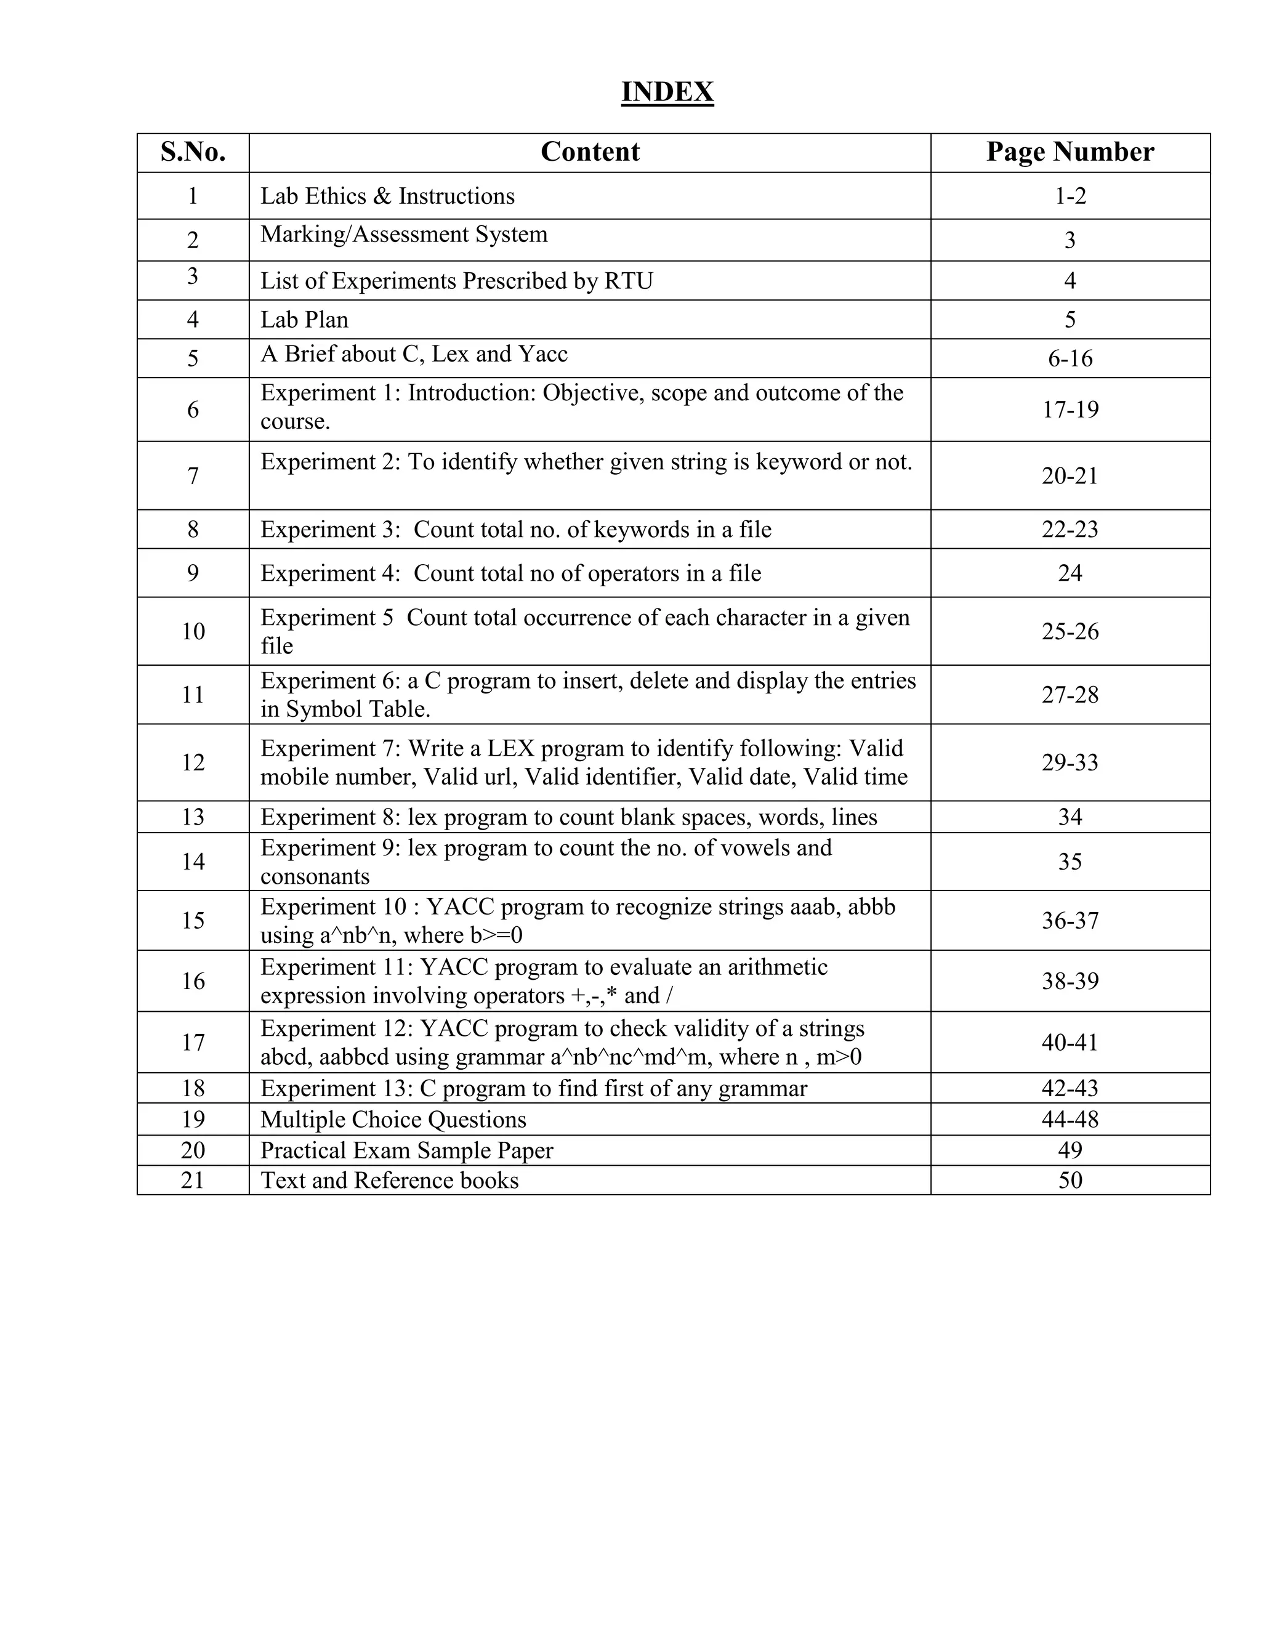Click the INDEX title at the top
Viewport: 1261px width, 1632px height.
click(x=667, y=92)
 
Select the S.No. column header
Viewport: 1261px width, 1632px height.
click(x=193, y=151)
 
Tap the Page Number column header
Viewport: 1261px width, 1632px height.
click(x=1069, y=151)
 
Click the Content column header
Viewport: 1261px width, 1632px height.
click(x=589, y=151)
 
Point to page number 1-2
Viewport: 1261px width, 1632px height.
click(x=1070, y=196)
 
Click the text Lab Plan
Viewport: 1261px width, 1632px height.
click(x=304, y=320)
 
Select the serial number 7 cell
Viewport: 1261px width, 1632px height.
click(x=193, y=476)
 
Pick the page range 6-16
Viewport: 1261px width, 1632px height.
click(x=1070, y=358)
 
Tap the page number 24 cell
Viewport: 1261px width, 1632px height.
click(x=1070, y=573)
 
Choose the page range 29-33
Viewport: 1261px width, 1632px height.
click(x=1070, y=762)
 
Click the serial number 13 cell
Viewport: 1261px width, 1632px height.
click(x=193, y=817)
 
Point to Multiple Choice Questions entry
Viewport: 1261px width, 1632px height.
click(x=393, y=1120)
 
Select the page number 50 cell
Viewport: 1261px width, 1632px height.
click(x=1070, y=1180)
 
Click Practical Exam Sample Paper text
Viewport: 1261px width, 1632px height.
click(x=406, y=1150)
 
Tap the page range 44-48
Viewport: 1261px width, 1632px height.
click(x=1070, y=1120)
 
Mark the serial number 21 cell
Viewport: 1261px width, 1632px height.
click(x=193, y=1180)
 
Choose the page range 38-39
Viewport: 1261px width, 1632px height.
click(x=1070, y=981)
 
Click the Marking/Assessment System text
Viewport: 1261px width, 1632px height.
click(x=403, y=235)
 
